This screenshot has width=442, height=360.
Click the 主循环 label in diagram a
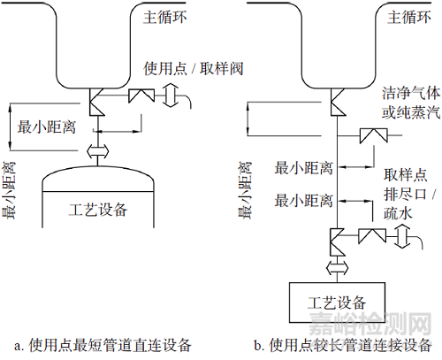click(165, 18)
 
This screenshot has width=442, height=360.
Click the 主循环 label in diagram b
click(409, 18)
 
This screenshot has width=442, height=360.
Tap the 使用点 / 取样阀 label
click(194, 69)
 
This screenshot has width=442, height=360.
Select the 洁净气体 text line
click(411, 94)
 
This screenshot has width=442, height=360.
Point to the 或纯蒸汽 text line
click(411, 112)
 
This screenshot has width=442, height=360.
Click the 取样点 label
click(405, 175)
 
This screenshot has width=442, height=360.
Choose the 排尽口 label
click(405, 194)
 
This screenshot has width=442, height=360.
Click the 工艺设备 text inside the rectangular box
click(337, 303)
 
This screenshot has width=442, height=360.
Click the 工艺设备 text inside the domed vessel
click(98, 210)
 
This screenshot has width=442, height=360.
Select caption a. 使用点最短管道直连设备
click(103, 345)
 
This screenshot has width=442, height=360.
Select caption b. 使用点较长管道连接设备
click(343, 345)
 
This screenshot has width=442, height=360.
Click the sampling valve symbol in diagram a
click(141, 96)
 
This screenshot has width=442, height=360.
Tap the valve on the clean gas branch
click(373, 136)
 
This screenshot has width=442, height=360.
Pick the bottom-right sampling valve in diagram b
click(372, 236)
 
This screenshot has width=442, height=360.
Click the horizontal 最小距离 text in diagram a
click(47, 127)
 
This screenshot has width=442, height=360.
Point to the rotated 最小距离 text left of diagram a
click(9, 190)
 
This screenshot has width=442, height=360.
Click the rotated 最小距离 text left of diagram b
click(245, 190)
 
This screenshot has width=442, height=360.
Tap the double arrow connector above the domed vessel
click(98, 152)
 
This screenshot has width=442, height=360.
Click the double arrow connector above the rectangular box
click(338, 268)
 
